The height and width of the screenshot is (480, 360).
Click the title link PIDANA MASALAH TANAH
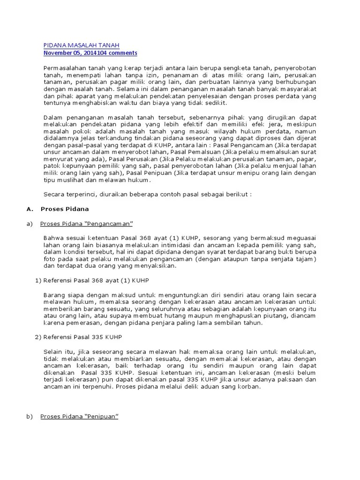81,45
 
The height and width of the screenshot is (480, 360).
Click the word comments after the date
123,53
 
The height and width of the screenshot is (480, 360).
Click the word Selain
52,352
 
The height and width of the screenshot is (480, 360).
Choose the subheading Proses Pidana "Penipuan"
79,416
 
